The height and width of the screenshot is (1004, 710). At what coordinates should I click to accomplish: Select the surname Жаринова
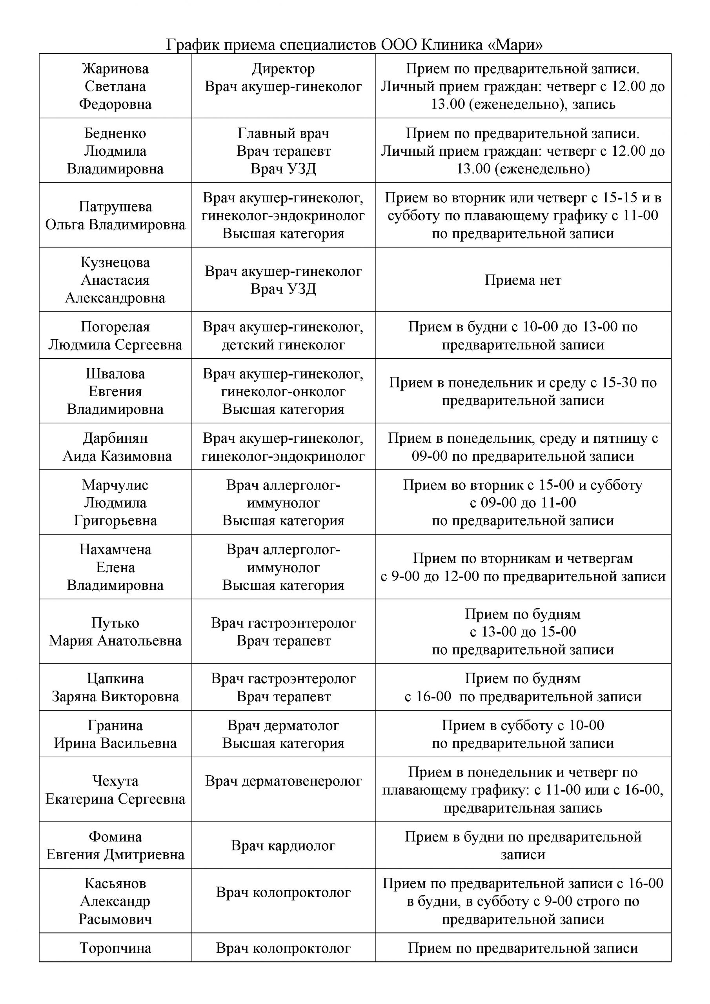[115, 69]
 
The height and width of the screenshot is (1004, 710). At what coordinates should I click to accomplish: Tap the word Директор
[283, 69]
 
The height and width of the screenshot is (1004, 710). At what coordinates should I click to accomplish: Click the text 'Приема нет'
[523, 280]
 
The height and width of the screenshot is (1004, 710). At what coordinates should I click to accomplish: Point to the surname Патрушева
[115, 206]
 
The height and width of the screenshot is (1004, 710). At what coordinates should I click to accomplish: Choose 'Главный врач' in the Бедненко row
[283, 133]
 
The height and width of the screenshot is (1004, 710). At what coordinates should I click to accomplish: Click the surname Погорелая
[115, 327]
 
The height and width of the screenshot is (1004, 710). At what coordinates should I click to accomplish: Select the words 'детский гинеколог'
[283, 345]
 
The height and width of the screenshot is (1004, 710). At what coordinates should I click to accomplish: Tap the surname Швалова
[115, 373]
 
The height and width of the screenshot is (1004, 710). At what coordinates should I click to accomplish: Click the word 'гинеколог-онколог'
[283, 391]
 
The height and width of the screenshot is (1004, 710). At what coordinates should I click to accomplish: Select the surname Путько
[115, 623]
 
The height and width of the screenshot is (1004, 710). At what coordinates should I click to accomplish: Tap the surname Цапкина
[115, 678]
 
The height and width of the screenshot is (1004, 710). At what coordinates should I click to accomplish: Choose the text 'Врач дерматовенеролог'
[283, 781]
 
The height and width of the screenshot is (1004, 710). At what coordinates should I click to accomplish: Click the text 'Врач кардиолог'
[283, 846]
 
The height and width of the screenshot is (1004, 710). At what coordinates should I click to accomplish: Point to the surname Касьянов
[115, 883]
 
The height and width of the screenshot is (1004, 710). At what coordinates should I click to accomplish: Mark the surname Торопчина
[115, 948]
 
